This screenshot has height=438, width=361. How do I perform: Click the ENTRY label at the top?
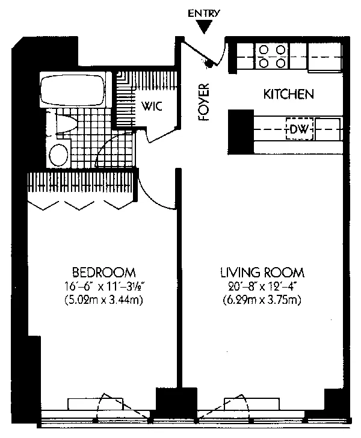tap(204, 13)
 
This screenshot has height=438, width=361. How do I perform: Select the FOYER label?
tap(204, 102)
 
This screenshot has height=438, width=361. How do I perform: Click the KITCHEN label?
tap(289, 94)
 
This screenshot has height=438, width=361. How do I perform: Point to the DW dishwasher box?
tap(300, 129)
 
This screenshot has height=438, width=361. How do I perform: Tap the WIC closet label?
tap(152, 106)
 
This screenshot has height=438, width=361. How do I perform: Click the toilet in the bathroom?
tap(65, 124)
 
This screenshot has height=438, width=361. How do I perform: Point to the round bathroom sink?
tap(59, 155)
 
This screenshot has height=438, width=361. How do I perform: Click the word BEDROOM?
tap(104, 272)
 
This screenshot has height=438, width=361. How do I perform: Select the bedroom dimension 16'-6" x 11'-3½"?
tap(104, 286)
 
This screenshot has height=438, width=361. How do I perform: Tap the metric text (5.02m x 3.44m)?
tap(104, 300)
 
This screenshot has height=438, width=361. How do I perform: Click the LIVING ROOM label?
tap(262, 273)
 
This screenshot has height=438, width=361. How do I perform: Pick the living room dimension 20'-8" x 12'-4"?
tap(262, 286)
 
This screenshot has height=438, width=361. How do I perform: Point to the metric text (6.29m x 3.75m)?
tap(262, 300)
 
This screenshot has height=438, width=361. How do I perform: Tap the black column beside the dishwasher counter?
tap(241, 132)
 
